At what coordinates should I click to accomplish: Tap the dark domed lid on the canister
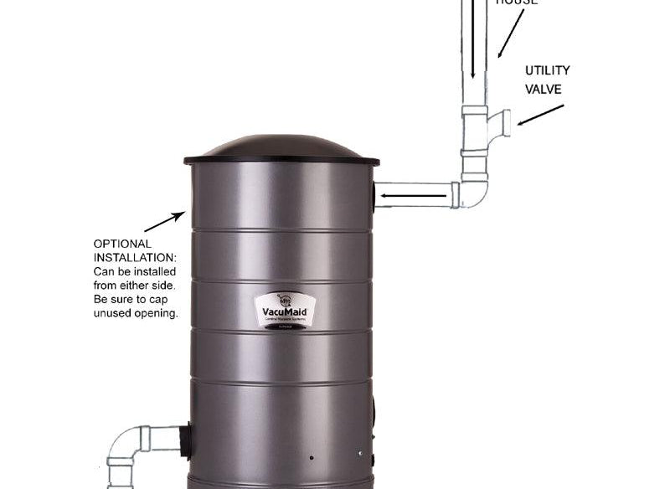(x=281, y=149)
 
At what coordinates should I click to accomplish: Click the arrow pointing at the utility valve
(x=540, y=115)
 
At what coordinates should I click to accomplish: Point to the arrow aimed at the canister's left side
(x=164, y=222)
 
